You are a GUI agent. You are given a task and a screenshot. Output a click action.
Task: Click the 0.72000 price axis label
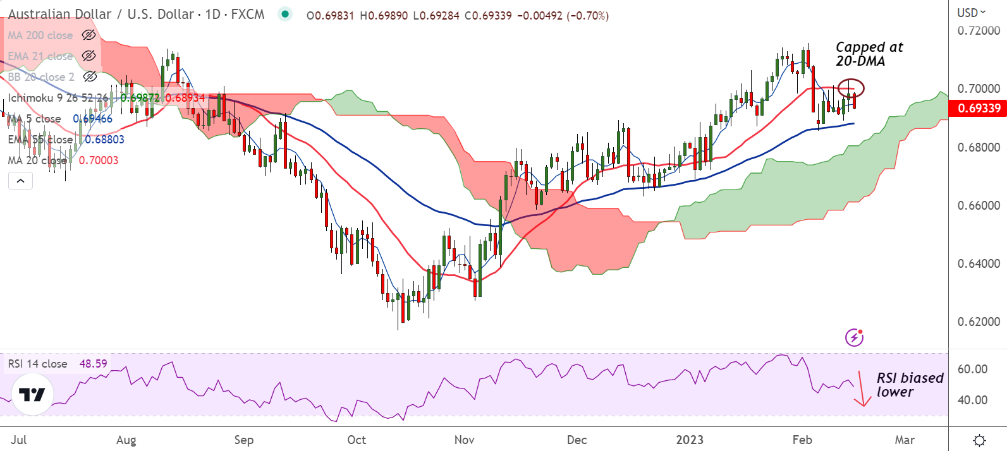click(979, 30)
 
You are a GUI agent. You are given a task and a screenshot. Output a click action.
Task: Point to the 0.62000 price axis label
click(979, 322)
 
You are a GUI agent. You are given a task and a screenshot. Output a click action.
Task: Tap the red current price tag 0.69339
click(979, 108)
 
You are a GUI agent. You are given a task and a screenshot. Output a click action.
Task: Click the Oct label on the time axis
click(357, 440)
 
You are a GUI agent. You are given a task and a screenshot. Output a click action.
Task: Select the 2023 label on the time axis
click(689, 440)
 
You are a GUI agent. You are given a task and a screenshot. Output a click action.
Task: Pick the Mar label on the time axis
click(905, 440)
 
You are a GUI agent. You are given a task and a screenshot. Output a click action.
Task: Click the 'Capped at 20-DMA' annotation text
click(869, 54)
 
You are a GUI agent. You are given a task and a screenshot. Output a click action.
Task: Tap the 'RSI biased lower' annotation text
click(909, 385)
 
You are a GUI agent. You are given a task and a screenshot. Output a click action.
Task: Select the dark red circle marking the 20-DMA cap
click(851, 88)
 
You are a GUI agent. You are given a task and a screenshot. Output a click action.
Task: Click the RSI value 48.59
click(93, 364)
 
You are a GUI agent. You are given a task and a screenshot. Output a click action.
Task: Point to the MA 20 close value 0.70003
click(99, 160)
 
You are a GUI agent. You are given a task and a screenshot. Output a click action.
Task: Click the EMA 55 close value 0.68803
click(104, 140)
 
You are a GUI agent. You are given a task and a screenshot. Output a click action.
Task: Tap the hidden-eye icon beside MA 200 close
click(89, 35)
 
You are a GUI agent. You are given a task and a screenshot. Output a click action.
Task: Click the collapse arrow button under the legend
click(20, 181)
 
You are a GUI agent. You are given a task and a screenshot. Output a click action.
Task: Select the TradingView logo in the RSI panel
click(32, 395)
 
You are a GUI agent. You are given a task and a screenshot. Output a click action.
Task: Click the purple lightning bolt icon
click(854, 337)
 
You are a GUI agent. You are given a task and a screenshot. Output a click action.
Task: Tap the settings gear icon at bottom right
click(979, 440)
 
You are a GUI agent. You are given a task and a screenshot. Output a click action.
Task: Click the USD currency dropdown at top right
click(972, 13)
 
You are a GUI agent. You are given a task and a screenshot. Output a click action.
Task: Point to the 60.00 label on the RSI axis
click(972, 369)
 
